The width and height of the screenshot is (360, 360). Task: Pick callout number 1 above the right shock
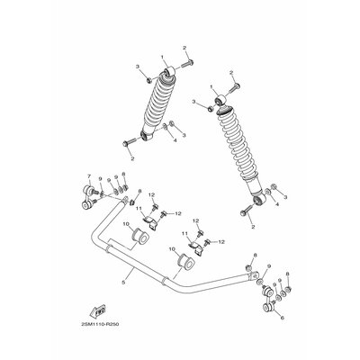[213, 88]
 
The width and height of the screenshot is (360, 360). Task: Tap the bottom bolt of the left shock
[129, 141]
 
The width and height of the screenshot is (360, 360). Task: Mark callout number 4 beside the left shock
[174, 140]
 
